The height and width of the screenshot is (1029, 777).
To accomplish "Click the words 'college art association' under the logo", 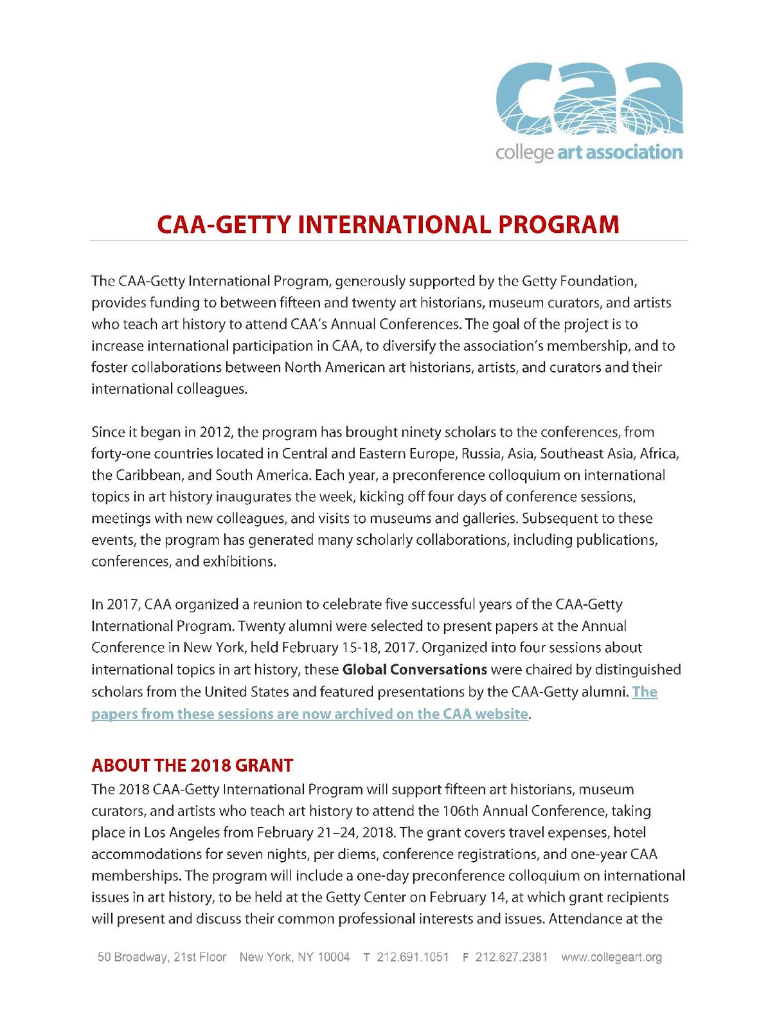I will coord(589,152).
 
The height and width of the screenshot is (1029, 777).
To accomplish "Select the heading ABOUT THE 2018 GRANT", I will coord(192,765).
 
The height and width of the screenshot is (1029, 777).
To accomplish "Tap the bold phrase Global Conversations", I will coord(415,669).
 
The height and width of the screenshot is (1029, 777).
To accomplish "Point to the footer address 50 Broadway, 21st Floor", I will coord(162,957).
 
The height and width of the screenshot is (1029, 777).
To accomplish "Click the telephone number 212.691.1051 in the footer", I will coord(413,957).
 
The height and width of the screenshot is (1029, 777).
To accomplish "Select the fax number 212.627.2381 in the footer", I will coord(512,957).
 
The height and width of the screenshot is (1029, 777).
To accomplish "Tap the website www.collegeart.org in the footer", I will coord(611,957).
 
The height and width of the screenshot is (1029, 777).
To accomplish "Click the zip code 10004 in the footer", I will coord(334,957).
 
